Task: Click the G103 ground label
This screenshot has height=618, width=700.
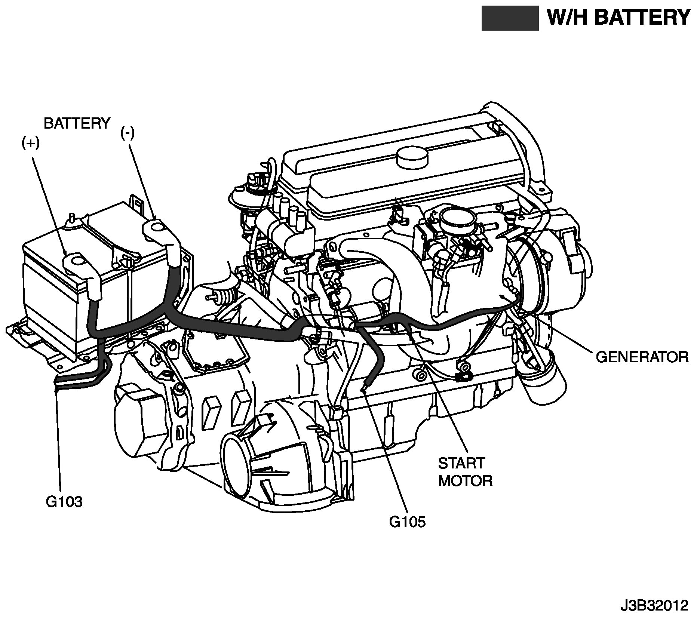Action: [64, 501]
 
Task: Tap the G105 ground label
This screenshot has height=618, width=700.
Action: [407, 522]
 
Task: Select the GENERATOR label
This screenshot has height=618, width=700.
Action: [642, 357]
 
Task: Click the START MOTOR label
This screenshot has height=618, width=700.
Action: [465, 472]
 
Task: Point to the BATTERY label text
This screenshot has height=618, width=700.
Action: [77, 123]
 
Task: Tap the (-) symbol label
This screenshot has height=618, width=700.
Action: [127, 133]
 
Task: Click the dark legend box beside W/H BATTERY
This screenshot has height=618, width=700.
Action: [510, 18]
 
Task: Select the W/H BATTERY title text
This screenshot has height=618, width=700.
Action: [618, 18]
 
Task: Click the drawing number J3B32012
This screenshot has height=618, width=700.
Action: [654, 605]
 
